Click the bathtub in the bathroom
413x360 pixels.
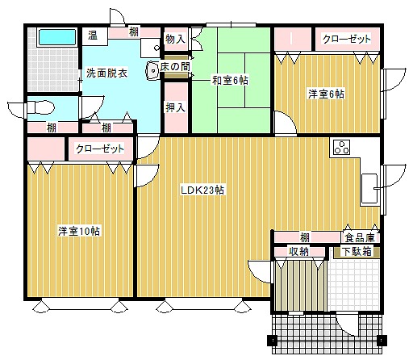(x=57, y=37)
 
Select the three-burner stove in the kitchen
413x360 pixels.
(x=341, y=148)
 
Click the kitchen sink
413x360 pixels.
(x=369, y=188)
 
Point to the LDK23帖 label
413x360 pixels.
(x=202, y=190)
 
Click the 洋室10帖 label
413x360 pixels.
(x=79, y=231)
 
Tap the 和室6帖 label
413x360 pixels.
(x=230, y=80)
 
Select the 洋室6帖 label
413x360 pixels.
(x=326, y=94)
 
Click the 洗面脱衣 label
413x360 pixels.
(x=106, y=73)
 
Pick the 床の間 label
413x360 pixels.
(x=175, y=67)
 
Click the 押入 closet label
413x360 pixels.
(x=176, y=107)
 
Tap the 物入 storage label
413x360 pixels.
(x=176, y=40)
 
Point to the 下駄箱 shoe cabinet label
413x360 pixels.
(x=357, y=251)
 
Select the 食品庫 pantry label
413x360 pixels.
(x=360, y=237)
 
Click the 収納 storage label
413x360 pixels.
(x=299, y=251)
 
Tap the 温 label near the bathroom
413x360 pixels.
(x=93, y=36)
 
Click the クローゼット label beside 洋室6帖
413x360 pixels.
(x=347, y=39)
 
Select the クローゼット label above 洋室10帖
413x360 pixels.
(x=100, y=149)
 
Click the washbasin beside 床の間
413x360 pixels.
(x=152, y=71)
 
